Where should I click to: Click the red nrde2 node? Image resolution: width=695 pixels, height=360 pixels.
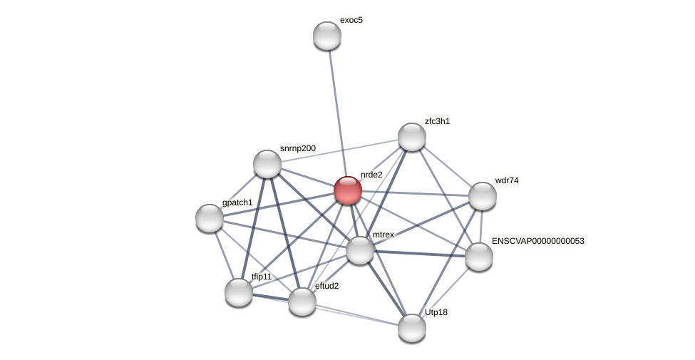[348, 190]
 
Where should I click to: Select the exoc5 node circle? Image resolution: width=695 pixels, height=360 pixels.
[327, 36]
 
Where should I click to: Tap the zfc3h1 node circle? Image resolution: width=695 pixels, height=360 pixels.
[412, 137]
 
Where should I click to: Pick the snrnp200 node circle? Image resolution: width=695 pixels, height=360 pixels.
[267, 164]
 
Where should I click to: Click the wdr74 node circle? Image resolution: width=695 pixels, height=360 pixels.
[483, 196]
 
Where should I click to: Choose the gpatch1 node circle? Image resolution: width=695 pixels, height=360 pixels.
[210, 218]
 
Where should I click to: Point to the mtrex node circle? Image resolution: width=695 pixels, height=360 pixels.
[360, 250]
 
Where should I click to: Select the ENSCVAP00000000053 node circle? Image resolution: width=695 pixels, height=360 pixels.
[479, 257]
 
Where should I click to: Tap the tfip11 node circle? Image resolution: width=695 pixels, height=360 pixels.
[239, 292]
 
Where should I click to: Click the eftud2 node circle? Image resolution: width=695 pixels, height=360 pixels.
[302, 302]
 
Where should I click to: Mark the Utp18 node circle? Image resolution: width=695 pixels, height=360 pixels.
[412, 328]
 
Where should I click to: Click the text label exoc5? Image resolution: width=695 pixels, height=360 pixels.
[351, 20]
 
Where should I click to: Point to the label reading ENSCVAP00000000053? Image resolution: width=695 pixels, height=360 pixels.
[537, 241]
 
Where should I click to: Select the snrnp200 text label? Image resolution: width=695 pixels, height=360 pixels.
[297, 148]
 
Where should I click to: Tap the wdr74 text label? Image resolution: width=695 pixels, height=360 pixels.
[507, 180]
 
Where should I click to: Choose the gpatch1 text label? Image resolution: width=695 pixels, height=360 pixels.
[237, 202]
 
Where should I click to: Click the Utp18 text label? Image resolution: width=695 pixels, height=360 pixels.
[436, 312]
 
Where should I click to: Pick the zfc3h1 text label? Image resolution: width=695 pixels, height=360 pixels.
[437, 121]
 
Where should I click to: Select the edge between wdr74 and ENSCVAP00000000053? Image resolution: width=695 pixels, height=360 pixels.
[481, 227]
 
